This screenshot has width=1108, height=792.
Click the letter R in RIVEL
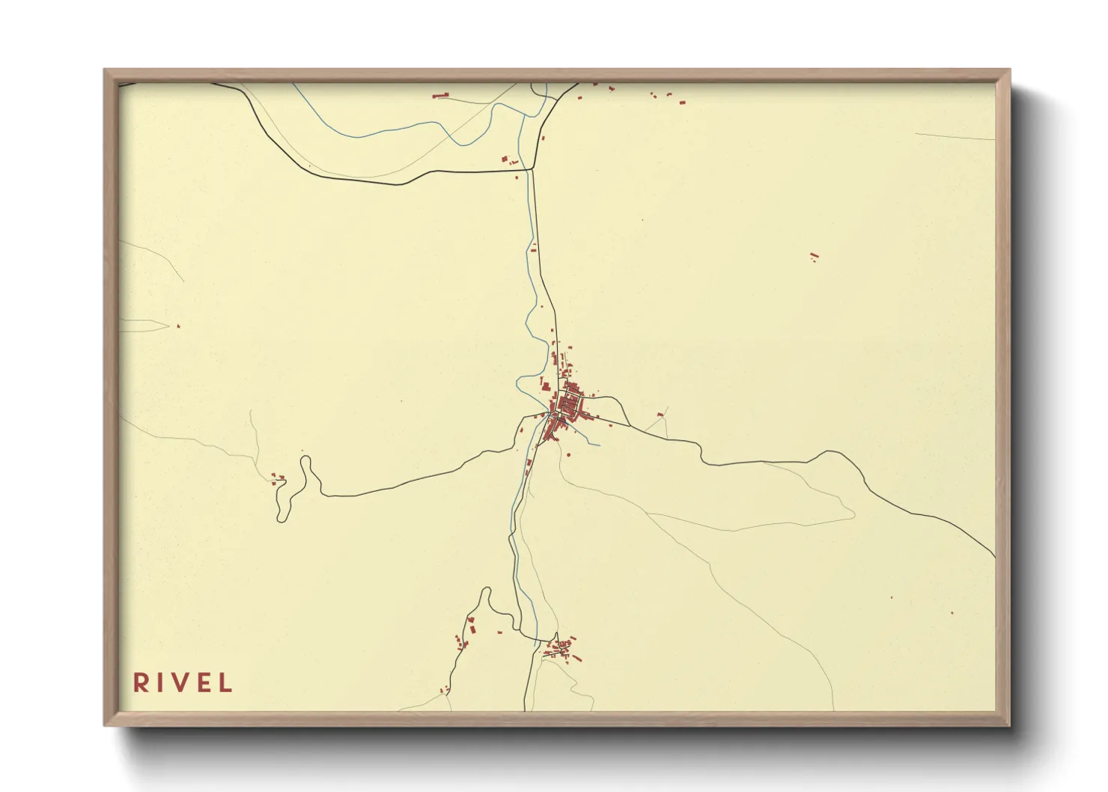[140, 683]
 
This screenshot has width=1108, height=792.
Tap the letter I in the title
[159, 683]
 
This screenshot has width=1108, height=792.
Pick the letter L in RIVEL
[225, 683]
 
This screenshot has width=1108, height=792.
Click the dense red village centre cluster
[567, 406]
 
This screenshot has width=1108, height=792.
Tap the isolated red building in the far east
[815, 257]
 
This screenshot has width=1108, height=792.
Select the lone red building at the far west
[178, 326]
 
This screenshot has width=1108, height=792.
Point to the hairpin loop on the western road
[305, 464]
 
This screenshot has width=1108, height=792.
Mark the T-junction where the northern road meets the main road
[532, 170]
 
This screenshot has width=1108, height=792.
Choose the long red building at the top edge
[440, 95]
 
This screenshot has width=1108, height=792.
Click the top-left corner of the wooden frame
[105, 70]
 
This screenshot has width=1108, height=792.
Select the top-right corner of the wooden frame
[1009, 70]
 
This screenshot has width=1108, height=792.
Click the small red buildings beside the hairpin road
[278, 478]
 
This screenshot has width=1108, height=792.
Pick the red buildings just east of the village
[660, 414]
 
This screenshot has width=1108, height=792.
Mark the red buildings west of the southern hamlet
[466, 633]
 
